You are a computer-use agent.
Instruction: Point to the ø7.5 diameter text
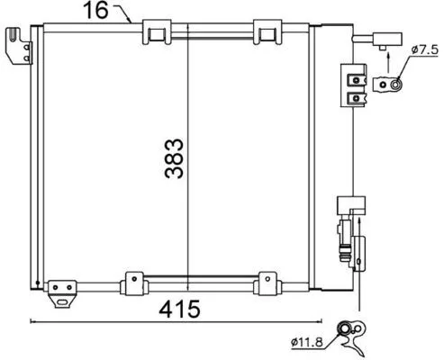423,49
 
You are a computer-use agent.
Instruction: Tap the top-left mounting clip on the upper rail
158,32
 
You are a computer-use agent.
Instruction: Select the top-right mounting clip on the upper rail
267,32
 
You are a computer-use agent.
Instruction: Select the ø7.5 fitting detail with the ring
389,85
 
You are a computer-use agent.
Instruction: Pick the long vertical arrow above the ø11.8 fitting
359,270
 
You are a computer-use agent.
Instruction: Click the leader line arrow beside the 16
122,14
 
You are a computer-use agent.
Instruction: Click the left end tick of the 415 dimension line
32,320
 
